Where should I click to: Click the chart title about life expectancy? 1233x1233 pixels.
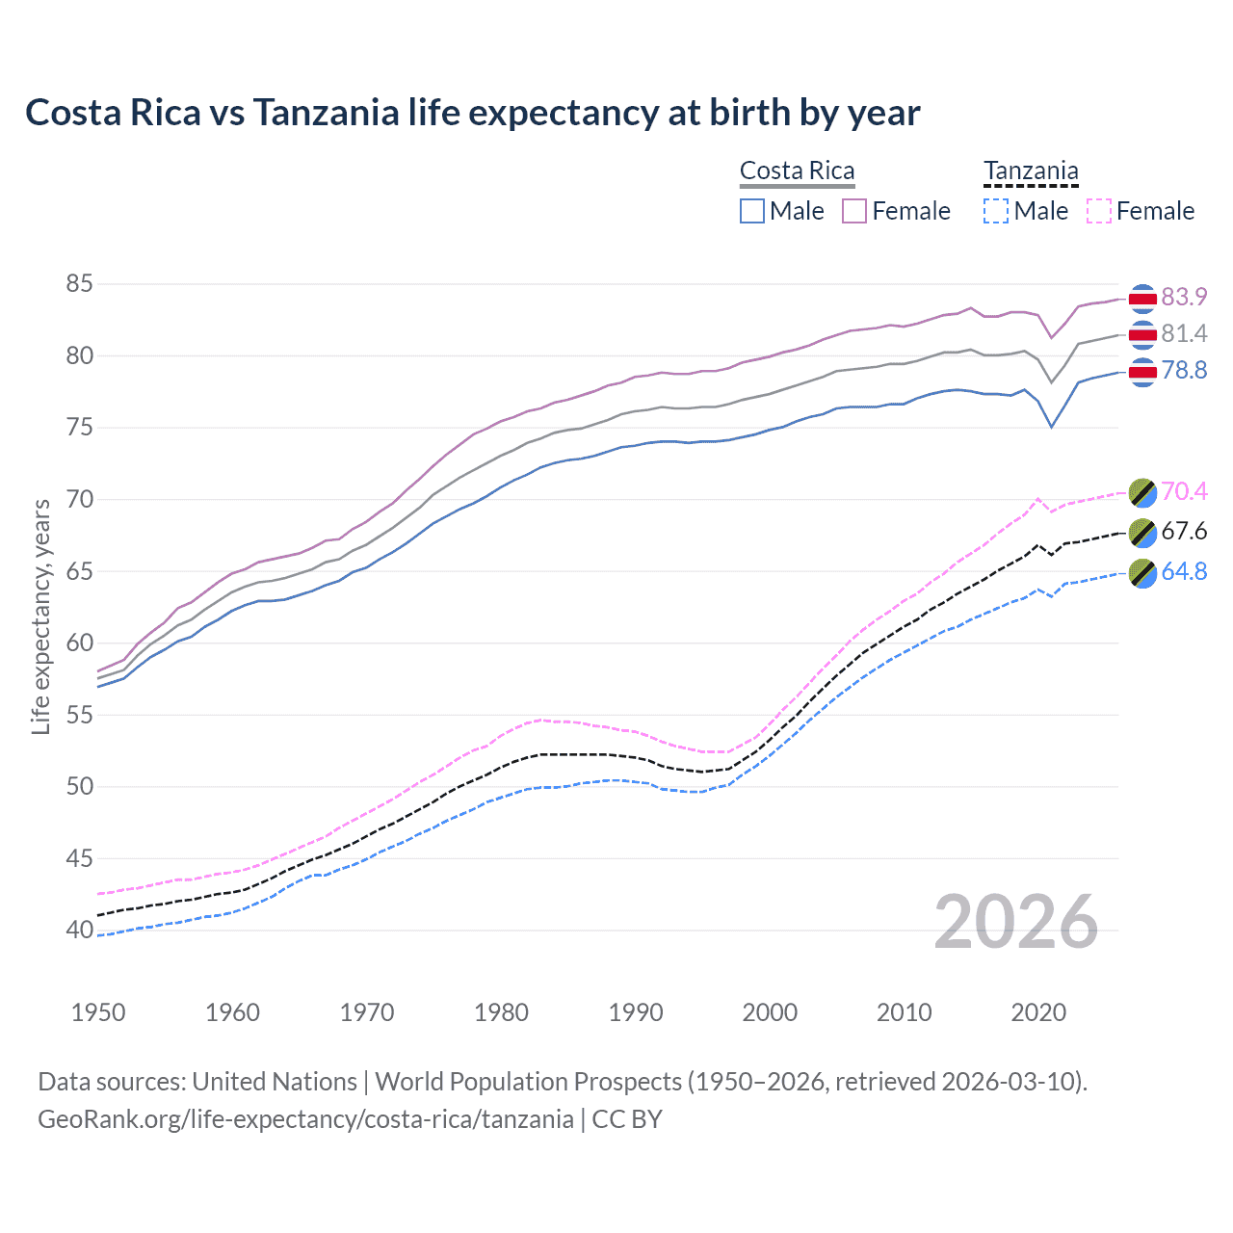[x=472, y=113]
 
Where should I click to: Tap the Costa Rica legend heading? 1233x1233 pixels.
[x=797, y=171]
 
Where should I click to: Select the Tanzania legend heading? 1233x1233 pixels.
[x=1031, y=171]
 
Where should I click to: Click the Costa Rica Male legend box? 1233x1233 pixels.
[x=752, y=211]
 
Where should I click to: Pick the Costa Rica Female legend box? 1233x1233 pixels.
[x=854, y=211]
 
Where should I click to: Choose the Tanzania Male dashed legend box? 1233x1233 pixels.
[x=996, y=211]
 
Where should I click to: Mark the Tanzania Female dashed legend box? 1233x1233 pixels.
[x=1098, y=211]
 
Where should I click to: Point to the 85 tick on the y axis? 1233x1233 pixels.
[x=79, y=284]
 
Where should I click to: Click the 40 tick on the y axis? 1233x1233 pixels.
[x=79, y=931]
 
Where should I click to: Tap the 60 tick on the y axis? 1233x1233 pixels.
[x=79, y=643]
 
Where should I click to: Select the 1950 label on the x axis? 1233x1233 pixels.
[x=98, y=1012]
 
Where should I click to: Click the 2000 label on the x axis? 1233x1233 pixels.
[x=770, y=1012]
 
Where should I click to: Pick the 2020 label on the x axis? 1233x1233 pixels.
[x=1038, y=1012]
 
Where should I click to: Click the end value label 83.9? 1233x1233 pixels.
[x=1184, y=297]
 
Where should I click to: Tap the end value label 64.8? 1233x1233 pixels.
[x=1184, y=572]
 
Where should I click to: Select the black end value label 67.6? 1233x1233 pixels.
[x=1184, y=532]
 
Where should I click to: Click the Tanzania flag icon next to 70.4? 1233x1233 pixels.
[x=1142, y=492]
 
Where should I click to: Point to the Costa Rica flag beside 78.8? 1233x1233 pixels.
[x=1142, y=372]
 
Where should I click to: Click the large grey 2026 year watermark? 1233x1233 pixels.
[x=1016, y=922]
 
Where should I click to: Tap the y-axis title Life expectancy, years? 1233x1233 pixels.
[x=40, y=616]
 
